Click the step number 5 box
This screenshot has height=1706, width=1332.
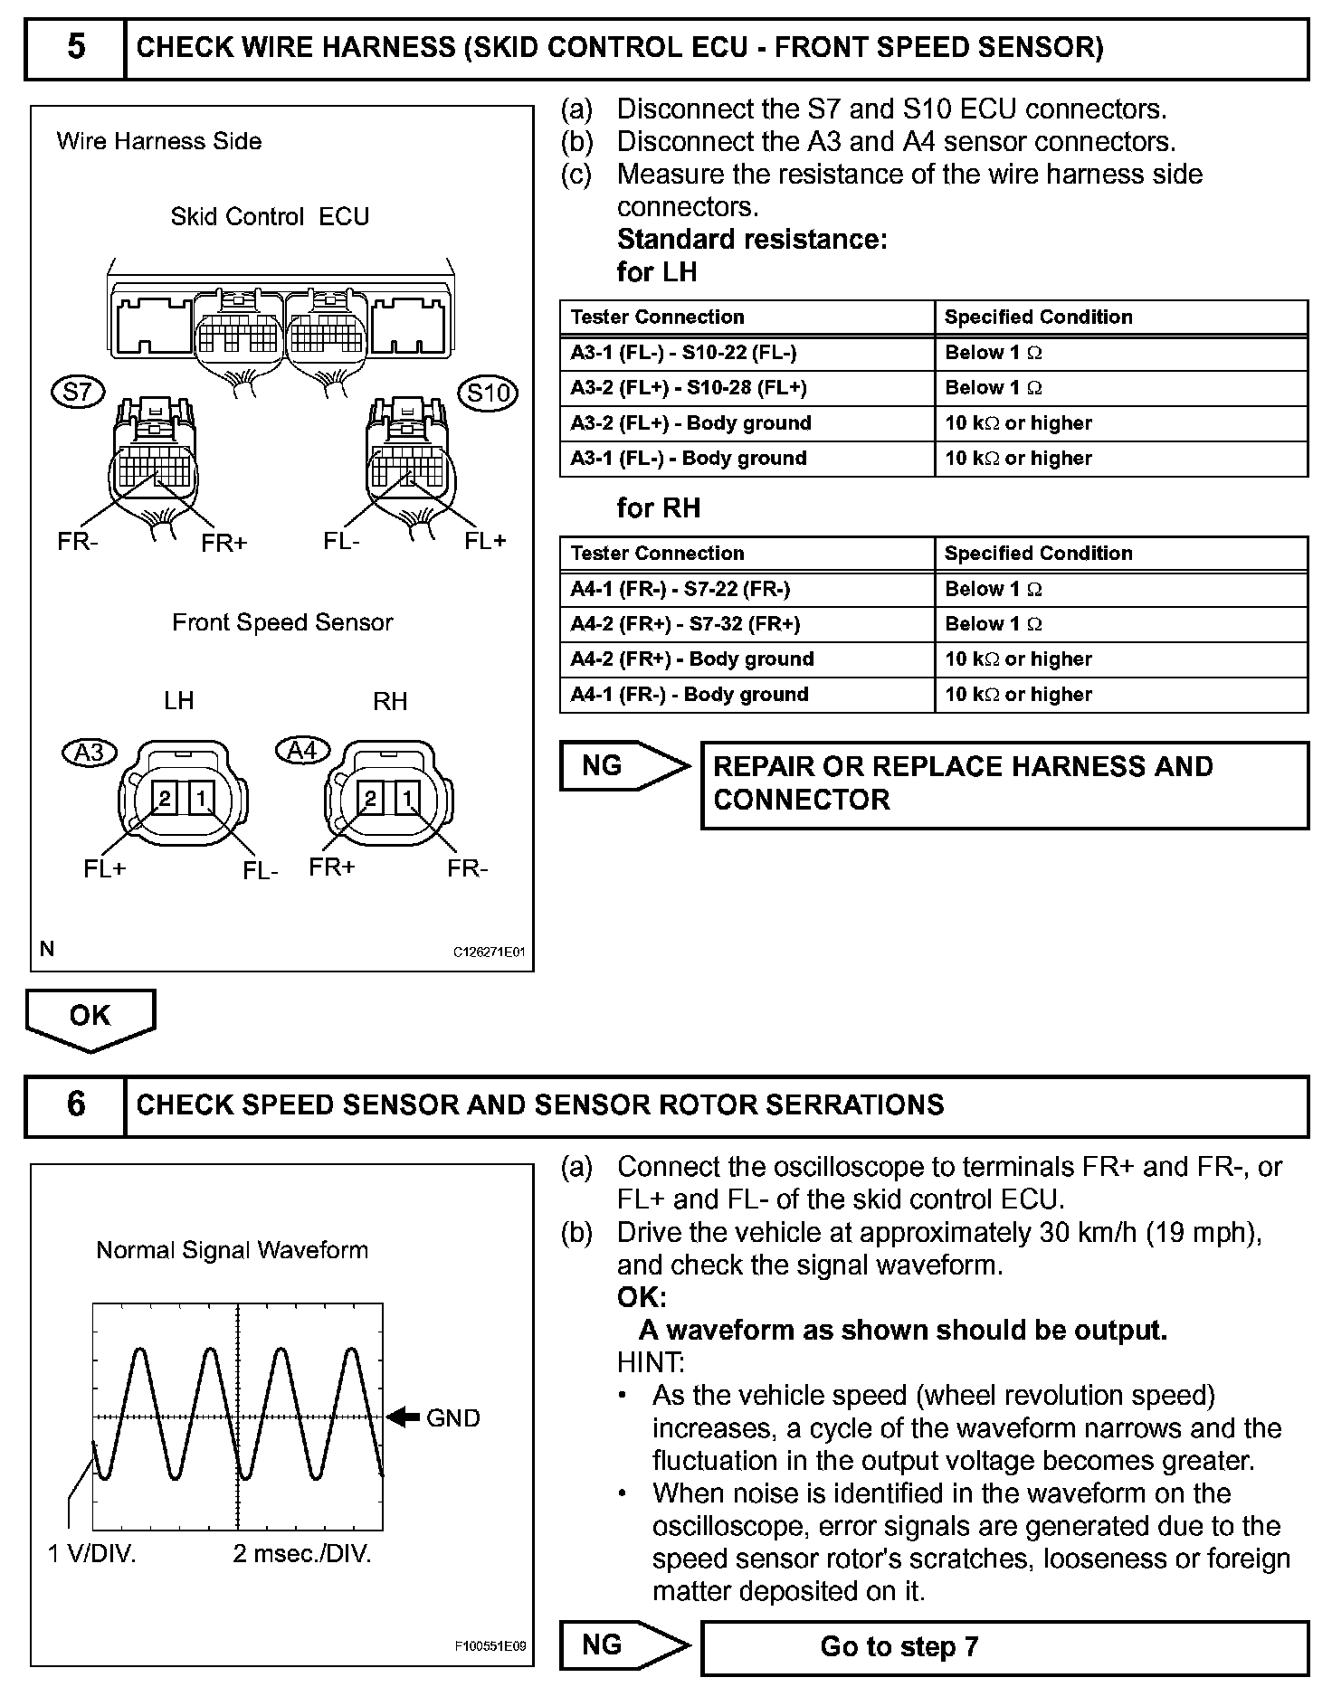pos(76,47)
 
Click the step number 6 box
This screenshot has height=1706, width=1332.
pos(76,1104)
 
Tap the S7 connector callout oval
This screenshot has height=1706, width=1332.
pos(78,392)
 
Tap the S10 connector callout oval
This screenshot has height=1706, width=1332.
pos(489,393)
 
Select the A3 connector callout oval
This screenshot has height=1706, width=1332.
pos(90,752)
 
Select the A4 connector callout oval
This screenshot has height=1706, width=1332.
pos(301,750)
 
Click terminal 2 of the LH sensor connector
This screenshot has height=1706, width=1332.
pos(166,798)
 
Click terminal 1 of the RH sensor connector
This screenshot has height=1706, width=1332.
pos(408,798)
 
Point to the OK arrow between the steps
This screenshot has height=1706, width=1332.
pos(90,1019)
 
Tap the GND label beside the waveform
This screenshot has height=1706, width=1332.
pos(452,1417)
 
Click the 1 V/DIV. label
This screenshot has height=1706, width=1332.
pos(91,1554)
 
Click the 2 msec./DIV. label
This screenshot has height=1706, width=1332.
pos(302,1554)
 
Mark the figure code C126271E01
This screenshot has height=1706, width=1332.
pos(489,952)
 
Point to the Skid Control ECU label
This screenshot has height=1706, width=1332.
pos(270,217)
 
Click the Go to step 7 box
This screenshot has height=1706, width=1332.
pos(1004,1646)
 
